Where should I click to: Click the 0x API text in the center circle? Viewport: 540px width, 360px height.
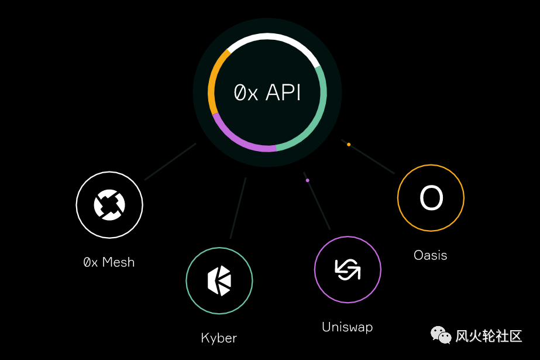(267, 92)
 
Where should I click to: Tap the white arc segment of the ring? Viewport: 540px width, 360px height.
(273, 36)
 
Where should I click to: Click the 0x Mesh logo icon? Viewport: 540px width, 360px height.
(109, 204)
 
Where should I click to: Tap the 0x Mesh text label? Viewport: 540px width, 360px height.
(109, 262)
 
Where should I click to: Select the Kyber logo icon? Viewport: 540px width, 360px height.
(219, 280)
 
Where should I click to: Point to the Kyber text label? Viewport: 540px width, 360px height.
(219, 338)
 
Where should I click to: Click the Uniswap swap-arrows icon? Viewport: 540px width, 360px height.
(348, 269)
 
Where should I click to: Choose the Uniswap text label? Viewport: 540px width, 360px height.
(347, 327)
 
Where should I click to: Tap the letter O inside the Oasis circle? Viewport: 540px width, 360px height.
(431, 198)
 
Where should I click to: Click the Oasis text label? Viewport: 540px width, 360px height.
(430, 255)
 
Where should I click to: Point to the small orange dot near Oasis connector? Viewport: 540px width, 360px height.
(349, 144)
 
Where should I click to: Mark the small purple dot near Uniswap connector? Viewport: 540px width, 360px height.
(307, 180)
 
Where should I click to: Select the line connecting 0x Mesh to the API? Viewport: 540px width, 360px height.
(170, 162)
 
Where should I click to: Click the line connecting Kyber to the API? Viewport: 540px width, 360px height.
(238, 208)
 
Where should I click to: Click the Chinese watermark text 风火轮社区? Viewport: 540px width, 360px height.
(489, 336)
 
